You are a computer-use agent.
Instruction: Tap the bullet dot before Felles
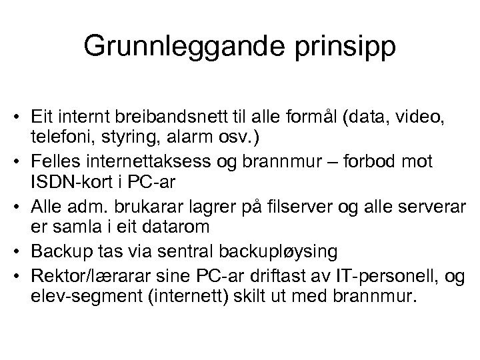[x=21, y=161]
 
